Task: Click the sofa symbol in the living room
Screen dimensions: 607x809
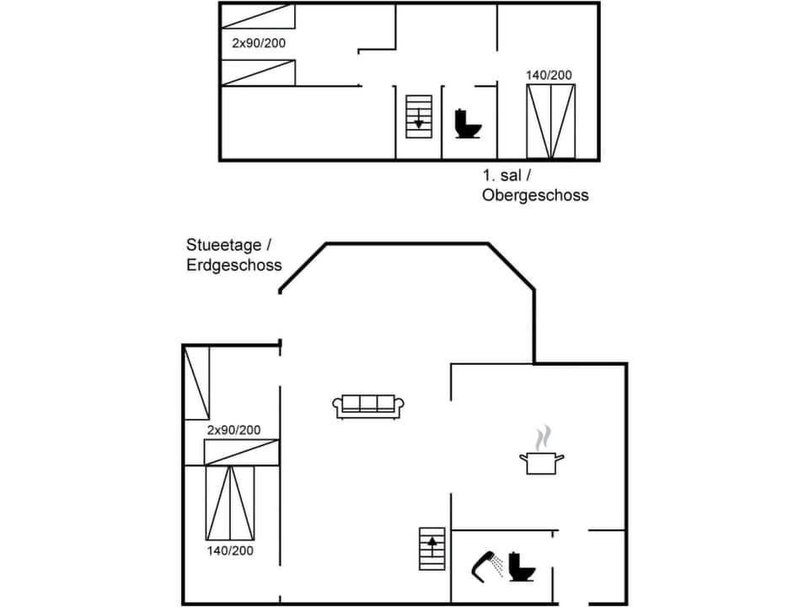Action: coord(369,406)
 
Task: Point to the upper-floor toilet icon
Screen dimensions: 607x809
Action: coord(467,124)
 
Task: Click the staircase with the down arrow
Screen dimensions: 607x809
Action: coord(418,116)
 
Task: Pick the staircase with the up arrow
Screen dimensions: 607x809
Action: coord(432,548)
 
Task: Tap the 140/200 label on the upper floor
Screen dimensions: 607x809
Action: coord(549,75)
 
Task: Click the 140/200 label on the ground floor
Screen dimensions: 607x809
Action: coord(230,551)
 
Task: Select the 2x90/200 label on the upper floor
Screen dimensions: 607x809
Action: coord(259,42)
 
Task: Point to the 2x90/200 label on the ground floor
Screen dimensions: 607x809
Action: coord(233,430)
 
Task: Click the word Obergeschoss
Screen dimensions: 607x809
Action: coord(535,195)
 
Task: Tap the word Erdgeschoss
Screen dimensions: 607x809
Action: coord(234,265)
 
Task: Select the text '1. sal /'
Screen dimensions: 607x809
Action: coord(507,175)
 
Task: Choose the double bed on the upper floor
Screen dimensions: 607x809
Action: coord(551,121)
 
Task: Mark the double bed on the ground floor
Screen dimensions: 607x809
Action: coord(230,502)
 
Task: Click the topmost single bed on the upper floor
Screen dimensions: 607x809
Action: coord(258,16)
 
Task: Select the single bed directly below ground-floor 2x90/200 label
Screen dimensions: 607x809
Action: coord(242,452)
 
